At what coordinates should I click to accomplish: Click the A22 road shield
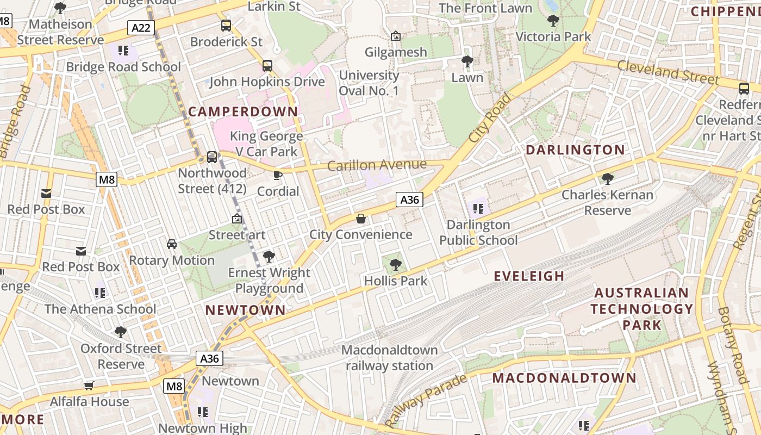[141, 27]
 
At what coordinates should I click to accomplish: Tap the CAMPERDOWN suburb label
[243, 111]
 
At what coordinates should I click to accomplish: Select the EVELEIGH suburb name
[529, 276]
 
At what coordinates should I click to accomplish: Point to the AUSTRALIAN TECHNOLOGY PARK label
[642, 309]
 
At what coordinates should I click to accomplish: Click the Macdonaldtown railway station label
[390, 358]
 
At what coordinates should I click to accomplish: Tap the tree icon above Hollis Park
[396, 265]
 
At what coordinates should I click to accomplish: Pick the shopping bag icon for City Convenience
[360, 219]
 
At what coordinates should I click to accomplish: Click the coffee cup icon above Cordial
[278, 175]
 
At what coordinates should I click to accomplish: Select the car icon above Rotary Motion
[172, 244]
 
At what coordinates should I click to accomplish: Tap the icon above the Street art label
[237, 219]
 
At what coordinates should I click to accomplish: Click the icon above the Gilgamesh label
[396, 36]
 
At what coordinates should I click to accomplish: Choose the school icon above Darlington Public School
[478, 208]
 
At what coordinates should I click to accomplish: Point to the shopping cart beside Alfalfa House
[89, 386]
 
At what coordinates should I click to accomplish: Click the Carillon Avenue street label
[377, 165]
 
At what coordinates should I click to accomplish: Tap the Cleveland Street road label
[668, 72]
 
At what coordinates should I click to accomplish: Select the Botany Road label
[733, 345]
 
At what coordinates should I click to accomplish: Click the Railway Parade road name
[426, 401]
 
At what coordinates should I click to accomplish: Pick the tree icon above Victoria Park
[553, 21]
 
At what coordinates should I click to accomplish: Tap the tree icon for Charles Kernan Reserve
[607, 178]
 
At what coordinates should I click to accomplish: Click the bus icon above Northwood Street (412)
[212, 157]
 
